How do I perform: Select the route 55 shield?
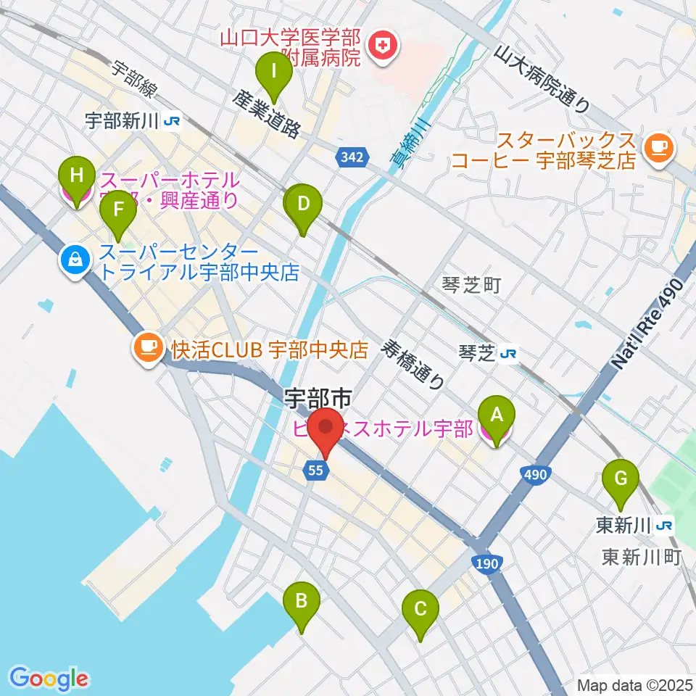(x=315, y=471)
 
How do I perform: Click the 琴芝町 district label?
(x=471, y=286)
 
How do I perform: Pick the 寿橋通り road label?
(x=415, y=365)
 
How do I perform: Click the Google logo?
(x=49, y=679)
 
